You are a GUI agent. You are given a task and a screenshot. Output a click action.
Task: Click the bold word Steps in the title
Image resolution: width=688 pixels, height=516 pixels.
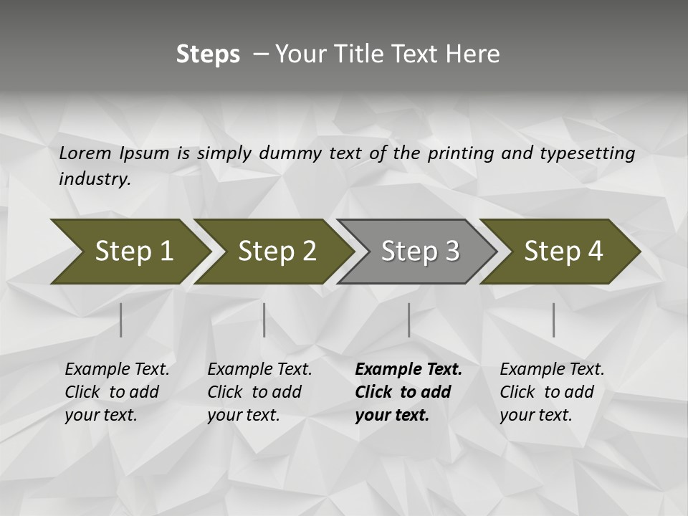[x=208, y=54]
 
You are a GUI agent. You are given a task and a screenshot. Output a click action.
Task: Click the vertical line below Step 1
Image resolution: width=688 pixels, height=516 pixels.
[x=120, y=320]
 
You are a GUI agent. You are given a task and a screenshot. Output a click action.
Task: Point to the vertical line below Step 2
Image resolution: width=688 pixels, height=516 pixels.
[x=264, y=320]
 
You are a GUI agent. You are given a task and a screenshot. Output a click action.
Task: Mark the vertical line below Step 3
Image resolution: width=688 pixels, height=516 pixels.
[x=408, y=320]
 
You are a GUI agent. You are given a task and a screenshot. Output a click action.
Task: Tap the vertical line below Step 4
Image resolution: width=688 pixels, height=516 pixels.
[x=553, y=320]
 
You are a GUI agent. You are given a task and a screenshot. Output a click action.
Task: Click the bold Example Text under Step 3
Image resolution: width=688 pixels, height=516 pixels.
[x=408, y=370]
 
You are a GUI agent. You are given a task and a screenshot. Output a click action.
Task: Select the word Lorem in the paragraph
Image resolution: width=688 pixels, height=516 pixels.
[x=85, y=153]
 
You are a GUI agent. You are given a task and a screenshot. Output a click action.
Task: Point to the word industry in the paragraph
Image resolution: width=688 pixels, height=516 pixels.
[x=94, y=178]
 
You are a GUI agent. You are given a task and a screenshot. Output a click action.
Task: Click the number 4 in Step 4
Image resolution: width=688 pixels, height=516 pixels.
[x=595, y=252]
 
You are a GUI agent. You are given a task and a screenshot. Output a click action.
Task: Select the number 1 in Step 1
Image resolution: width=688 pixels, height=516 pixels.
[x=166, y=252]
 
